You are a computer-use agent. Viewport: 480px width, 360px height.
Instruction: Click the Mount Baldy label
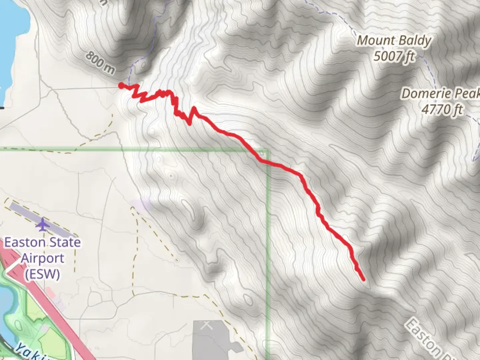click(x=394, y=41)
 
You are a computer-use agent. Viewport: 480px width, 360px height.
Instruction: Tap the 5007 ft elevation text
click(x=394, y=56)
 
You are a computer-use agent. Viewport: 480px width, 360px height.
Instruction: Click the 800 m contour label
click(x=100, y=63)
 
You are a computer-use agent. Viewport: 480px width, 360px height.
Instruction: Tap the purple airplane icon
click(x=42, y=225)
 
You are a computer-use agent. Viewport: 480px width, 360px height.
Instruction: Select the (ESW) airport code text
click(x=42, y=274)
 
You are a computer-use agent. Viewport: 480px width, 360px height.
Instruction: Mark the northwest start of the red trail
click(x=121, y=86)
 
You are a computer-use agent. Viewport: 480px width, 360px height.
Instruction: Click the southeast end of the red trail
click(x=363, y=279)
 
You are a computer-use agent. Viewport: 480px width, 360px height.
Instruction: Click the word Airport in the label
click(x=42, y=258)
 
